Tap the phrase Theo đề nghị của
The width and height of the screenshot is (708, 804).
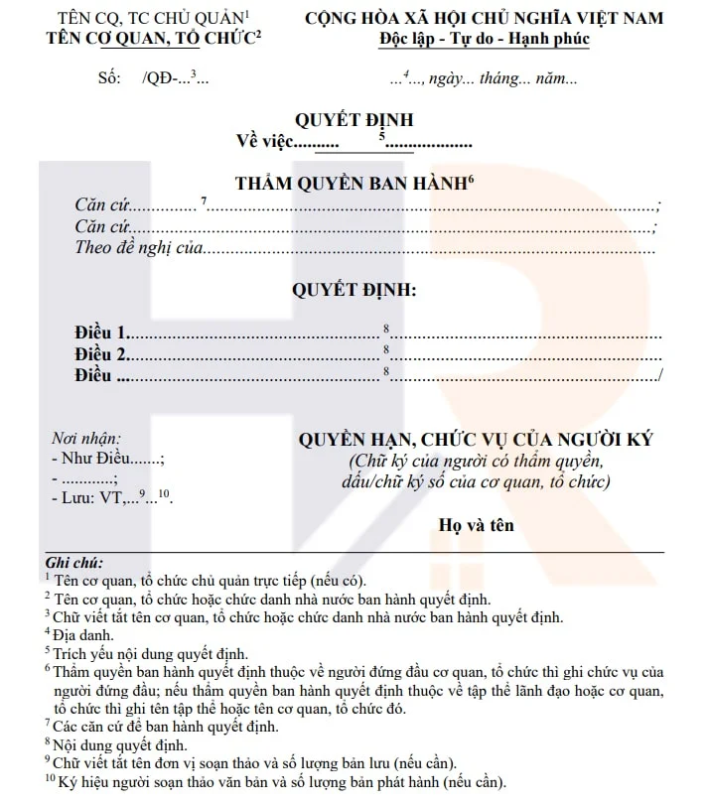tap(138, 247)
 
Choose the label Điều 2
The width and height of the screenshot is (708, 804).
tap(101, 354)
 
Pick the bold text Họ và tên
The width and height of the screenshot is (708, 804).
tap(477, 524)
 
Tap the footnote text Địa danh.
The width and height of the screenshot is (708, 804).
tap(84, 634)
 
